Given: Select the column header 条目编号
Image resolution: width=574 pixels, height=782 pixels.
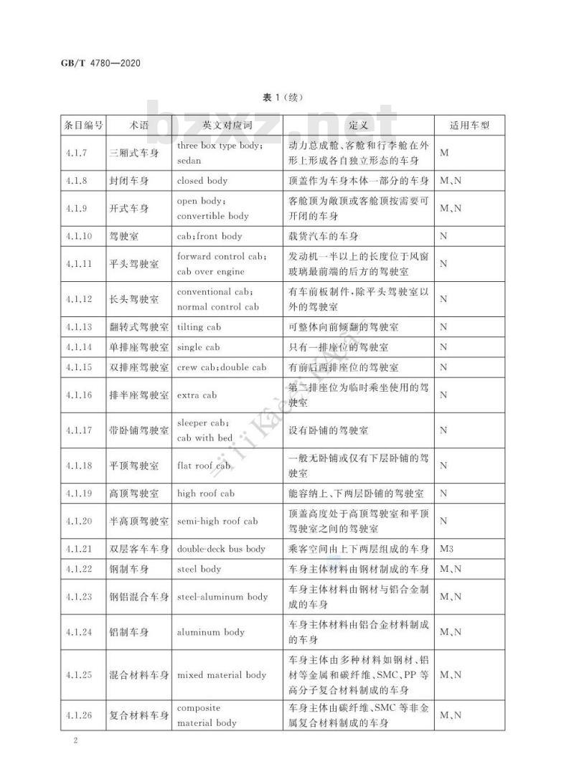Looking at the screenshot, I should (83, 125).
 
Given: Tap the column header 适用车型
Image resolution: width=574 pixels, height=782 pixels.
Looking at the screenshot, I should (469, 125).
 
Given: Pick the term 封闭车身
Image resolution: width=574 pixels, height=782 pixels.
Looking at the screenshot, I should (129, 181).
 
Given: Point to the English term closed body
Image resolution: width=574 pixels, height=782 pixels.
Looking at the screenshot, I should (202, 181).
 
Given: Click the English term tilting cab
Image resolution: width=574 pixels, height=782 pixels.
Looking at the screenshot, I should (200, 327).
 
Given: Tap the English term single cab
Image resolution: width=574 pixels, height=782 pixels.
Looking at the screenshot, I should (199, 347).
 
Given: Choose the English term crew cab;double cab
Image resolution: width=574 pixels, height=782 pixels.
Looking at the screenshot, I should (221, 367).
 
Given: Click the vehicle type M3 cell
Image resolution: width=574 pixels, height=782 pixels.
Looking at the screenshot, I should (447, 549).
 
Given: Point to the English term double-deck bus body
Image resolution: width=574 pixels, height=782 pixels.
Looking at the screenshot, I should (221, 549).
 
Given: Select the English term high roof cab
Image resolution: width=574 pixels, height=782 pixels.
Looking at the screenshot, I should (206, 494).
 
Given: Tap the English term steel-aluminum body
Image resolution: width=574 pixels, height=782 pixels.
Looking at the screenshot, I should (222, 596).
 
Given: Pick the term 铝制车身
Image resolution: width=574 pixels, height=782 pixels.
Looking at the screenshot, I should (129, 632).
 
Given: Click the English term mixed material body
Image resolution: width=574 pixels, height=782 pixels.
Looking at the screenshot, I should (222, 675).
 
